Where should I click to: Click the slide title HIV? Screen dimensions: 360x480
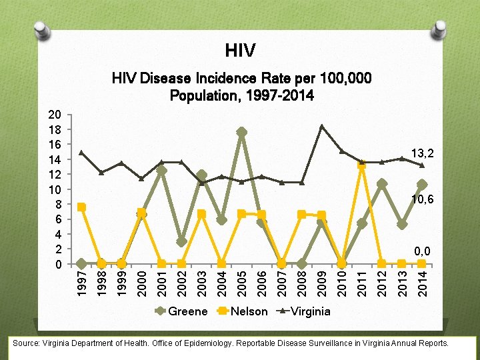click(x=240, y=50)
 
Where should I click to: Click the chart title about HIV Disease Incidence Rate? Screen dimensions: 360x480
click(x=241, y=87)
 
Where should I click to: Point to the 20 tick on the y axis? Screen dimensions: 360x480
click(x=58, y=114)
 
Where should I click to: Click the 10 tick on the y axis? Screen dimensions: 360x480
click(x=58, y=189)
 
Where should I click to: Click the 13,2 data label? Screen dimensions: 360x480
click(x=423, y=154)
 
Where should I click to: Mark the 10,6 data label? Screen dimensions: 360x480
click(x=423, y=199)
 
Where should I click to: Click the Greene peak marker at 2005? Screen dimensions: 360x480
click(x=241, y=132)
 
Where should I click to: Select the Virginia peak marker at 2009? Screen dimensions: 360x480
click(x=322, y=126)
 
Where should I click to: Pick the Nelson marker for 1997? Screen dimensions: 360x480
click(x=81, y=207)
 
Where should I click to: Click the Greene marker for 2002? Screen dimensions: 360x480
click(x=181, y=241)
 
